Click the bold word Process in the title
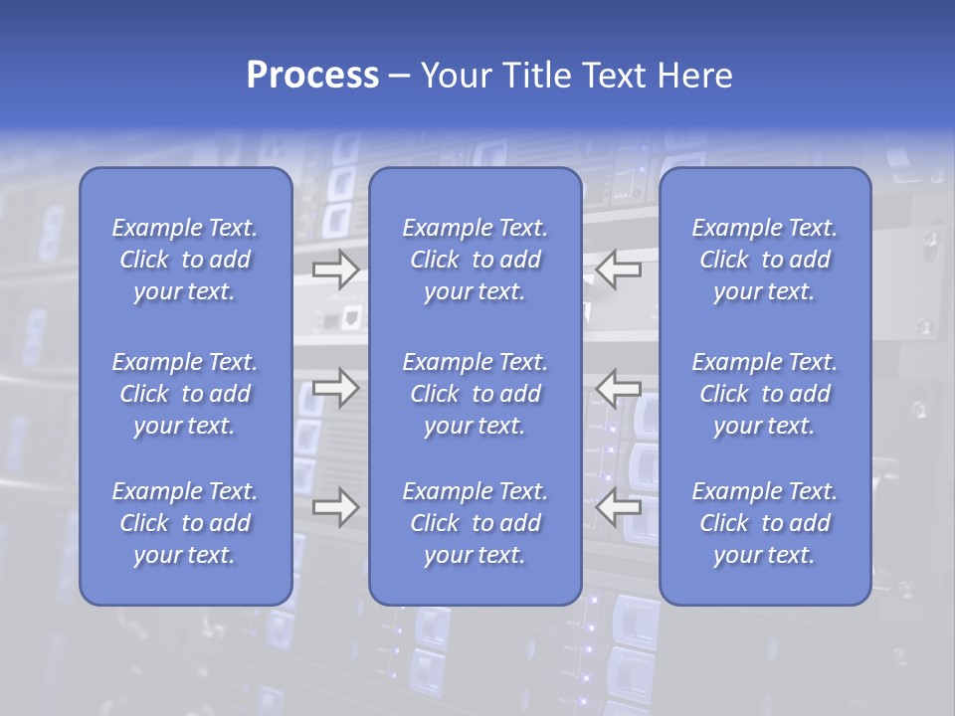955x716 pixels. [x=312, y=76]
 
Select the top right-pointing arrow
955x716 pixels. [x=336, y=268]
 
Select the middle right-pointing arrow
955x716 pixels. [x=336, y=387]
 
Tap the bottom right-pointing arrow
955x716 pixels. [x=336, y=507]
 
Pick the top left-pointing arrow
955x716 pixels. [x=618, y=268]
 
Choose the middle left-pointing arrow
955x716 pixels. [x=618, y=387]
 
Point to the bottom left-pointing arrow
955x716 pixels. [x=618, y=507]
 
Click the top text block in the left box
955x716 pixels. [x=185, y=260]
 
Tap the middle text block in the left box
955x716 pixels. [x=185, y=394]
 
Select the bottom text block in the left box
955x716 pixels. [x=185, y=523]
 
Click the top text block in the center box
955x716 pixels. [x=475, y=260]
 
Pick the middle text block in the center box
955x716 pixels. [x=475, y=394]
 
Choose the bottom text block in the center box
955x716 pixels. [x=475, y=523]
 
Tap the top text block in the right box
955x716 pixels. [x=764, y=260]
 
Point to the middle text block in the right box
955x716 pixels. [x=764, y=394]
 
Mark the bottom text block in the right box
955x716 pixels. [x=764, y=523]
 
